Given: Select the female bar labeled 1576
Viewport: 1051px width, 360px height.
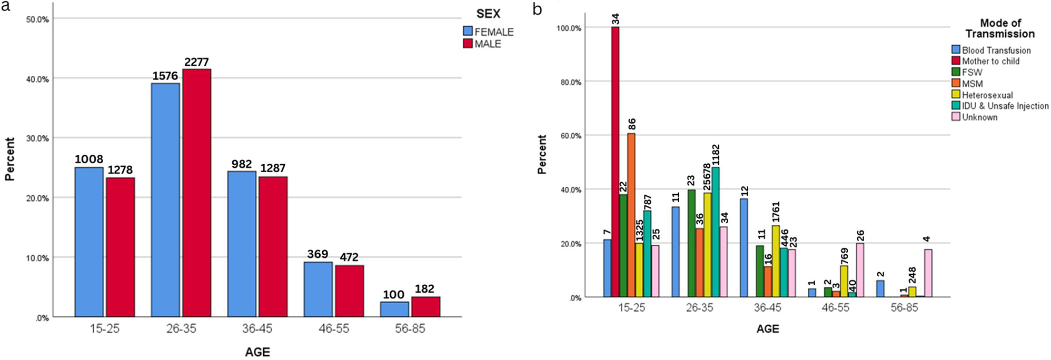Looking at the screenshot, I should click(165, 200).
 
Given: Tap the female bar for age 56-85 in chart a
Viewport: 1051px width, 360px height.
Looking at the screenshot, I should click(394, 309).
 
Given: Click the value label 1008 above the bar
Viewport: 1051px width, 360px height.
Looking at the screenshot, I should click(88, 159).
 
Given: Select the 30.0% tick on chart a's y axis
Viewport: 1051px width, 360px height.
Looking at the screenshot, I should click(37, 138).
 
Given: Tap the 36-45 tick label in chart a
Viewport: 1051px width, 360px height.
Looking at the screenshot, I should click(257, 329).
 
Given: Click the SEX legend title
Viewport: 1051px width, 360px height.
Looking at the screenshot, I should click(488, 14).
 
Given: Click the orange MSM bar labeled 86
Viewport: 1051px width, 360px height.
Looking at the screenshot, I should click(631, 215).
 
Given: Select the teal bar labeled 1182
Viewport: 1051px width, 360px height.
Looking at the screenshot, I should click(716, 232).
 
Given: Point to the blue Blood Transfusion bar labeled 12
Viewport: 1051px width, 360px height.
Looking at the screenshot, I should click(744, 248).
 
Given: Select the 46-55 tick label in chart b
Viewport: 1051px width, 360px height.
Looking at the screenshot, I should click(836, 307).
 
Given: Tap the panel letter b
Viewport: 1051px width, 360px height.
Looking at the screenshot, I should click(537, 9).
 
